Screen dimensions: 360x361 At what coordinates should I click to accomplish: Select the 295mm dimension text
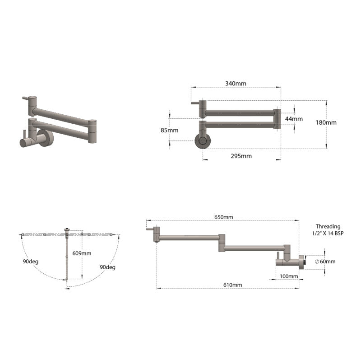241,156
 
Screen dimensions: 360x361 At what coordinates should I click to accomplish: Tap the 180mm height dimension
327,122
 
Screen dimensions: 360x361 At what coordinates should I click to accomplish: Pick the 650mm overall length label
223,217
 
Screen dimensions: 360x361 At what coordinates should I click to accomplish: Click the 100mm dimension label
289,276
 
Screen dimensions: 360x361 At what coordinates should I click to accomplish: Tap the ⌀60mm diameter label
325,262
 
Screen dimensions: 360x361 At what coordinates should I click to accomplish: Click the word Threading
328,226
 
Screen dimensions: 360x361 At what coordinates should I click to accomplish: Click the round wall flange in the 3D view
46,138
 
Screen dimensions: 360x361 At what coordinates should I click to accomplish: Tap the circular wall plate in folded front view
202,140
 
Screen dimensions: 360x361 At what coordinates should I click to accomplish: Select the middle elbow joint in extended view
221,242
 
